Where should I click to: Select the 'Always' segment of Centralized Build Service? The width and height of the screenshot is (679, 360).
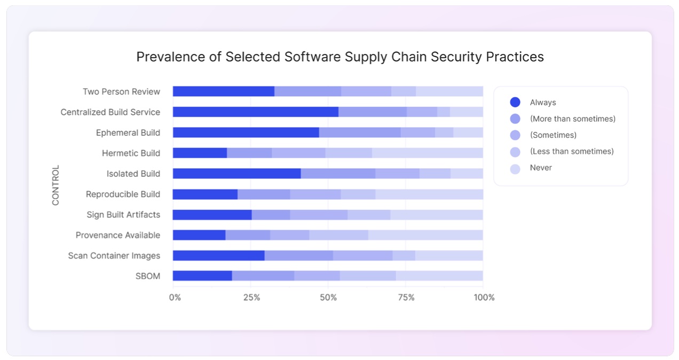coord(255,112)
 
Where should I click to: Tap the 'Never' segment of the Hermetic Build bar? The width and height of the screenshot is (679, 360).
coord(427,153)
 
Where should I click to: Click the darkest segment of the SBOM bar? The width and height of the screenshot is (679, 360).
coord(202,276)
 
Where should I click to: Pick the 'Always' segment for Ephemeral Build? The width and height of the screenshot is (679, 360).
coord(246,132)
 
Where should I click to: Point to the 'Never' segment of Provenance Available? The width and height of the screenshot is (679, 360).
coord(425,235)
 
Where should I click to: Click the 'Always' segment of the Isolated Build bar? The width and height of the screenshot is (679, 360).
coord(236,174)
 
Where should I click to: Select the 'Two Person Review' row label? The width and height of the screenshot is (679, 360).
coord(121,92)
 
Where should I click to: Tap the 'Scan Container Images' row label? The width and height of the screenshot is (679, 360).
coord(114,256)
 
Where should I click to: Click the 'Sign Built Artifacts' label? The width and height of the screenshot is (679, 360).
coord(123,215)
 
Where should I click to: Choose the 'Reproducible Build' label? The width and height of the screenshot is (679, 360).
coord(123,194)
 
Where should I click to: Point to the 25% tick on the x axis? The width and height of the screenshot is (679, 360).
coord(251,298)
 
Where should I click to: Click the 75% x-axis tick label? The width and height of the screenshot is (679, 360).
coord(406,298)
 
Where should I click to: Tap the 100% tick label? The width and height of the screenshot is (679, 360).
coord(484,298)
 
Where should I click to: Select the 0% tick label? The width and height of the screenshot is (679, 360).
coord(175,298)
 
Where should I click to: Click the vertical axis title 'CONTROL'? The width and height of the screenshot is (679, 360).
coord(56,185)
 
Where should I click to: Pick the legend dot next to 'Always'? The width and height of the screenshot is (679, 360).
coord(515,103)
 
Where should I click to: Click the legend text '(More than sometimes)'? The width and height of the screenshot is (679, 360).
coord(572,119)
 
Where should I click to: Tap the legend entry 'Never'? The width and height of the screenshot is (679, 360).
coord(541,168)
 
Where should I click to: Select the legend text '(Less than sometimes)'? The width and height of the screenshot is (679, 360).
coord(572,151)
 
